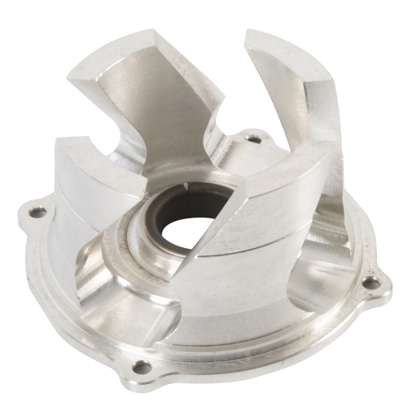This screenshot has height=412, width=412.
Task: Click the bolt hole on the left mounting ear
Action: (38, 213)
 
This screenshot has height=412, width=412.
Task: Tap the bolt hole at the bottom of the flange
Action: (142, 367)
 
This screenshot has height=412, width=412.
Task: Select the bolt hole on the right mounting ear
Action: (372, 282)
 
